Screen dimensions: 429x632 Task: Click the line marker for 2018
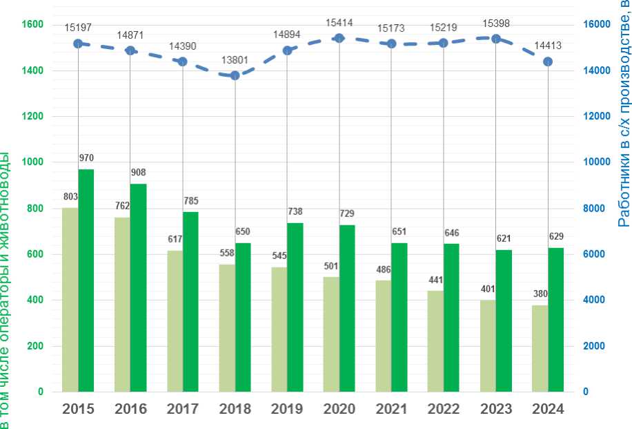click(x=235, y=75)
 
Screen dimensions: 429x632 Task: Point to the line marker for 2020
click(x=339, y=39)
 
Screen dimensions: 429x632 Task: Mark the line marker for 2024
click(x=548, y=61)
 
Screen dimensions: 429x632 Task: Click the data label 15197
click(x=78, y=28)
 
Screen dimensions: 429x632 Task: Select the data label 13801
click(x=235, y=60)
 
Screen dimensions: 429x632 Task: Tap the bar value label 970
click(x=86, y=158)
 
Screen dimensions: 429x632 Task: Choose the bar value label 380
click(x=540, y=294)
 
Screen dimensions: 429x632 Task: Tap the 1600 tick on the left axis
click(x=32, y=25)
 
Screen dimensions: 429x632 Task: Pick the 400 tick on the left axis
click(x=35, y=300)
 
